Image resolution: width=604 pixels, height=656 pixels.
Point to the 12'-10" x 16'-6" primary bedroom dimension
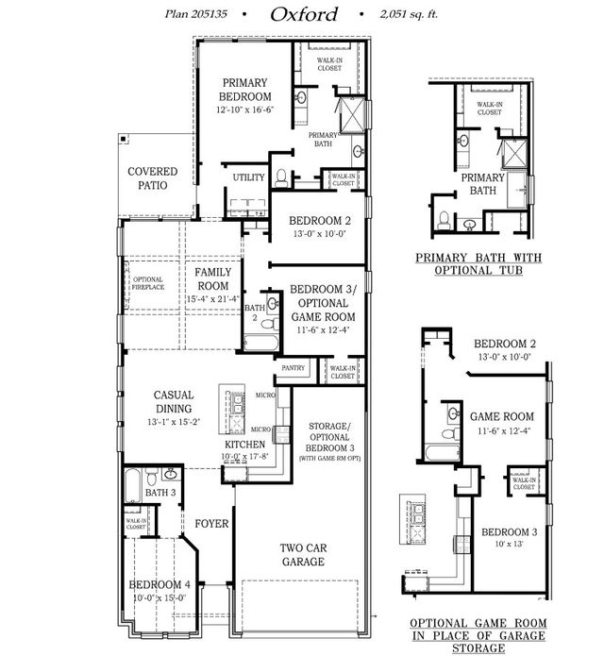coord(245,109)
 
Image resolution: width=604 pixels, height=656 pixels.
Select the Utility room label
coord(249,177)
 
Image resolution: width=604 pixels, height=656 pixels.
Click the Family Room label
coord(213,278)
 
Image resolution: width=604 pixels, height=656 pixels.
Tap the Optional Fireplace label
coord(148,283)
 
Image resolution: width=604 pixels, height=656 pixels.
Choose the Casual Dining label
coord(175,402)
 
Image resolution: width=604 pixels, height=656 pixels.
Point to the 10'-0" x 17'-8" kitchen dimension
coord(243,457)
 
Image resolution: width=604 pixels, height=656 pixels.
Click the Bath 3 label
coord(159,492)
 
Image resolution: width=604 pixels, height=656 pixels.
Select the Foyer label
coord(209,522)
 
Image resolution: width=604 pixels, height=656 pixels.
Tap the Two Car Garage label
coord(303,554)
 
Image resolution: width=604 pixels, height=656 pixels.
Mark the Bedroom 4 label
coord(159,584)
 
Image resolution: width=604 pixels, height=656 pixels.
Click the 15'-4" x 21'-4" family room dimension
coord(213,299)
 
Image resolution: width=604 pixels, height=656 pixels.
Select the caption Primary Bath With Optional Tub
coord(469,263)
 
